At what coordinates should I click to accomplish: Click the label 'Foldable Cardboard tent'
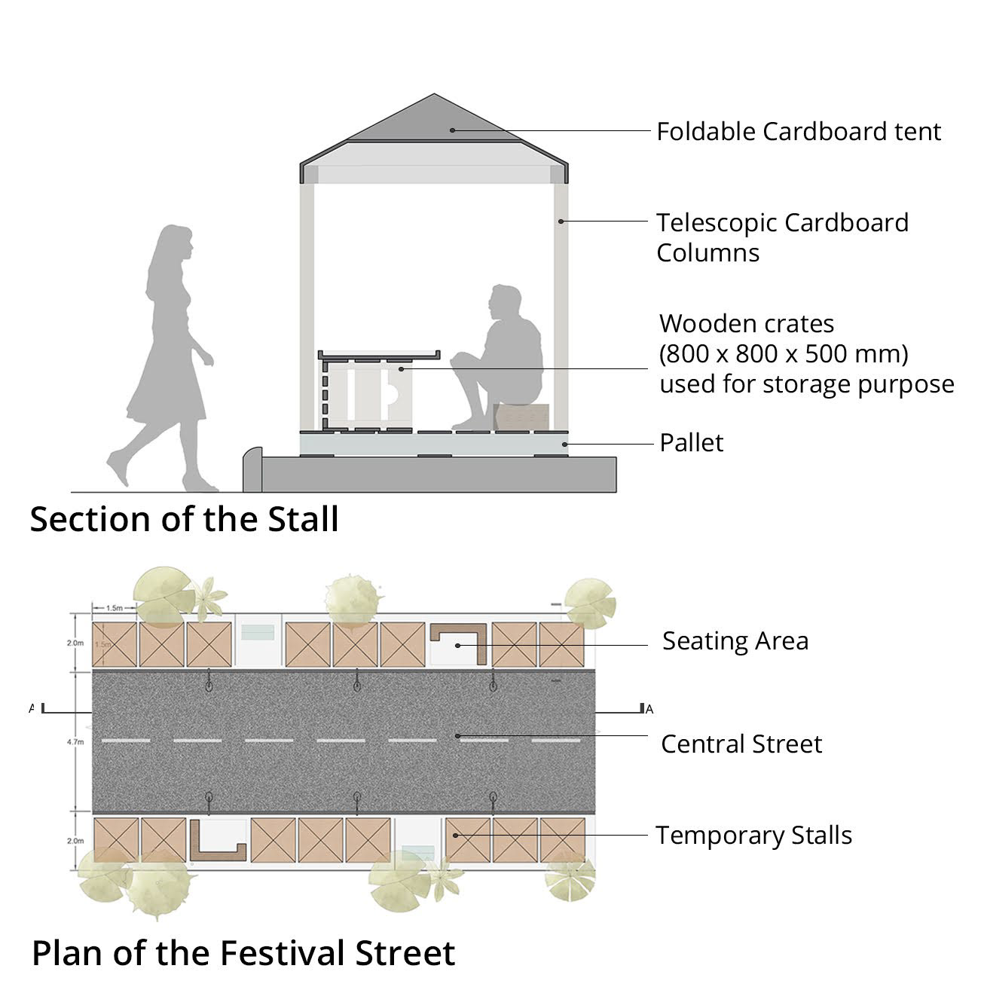pyautogui.click(x=798, y=132)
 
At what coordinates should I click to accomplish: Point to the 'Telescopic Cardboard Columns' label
pyautogui.click(x=782, y=237)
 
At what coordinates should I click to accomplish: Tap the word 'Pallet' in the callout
pyautogui.click(x=691, y=443)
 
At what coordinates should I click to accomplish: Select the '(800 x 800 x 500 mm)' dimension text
pyautogui.click(x=784, y=353)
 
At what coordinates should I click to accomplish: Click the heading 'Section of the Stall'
pyautogui.click(x=184, y=520)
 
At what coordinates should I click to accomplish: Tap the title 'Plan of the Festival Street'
pyautogui.click(x=243, y=953)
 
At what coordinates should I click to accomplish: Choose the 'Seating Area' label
pyautogui.click(x=735, y=641)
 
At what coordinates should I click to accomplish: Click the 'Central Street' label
pyautogui.click(x=741, y=744)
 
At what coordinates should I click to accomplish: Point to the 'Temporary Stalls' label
pyautogui.click(x=753, y=836)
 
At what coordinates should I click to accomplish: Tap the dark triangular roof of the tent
pyautogui.click(x=434, y=121)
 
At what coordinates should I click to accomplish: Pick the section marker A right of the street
pyautogui.click(x=649, y=709)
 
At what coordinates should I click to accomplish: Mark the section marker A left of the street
pyautogui.click(x=32, y=708)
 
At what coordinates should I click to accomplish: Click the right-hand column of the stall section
pyautogui.click(x=561, y=301)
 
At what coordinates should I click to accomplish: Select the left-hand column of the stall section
pyautogui.click(x=307, y=301)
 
